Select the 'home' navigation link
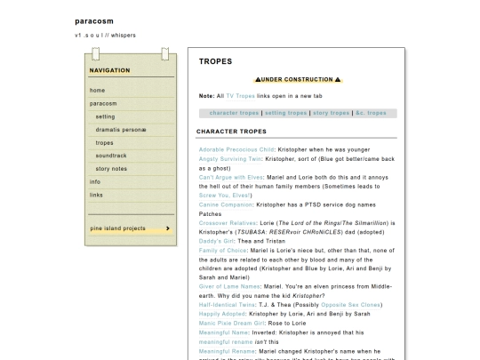pos(97,91)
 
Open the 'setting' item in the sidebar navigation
pos(105,116)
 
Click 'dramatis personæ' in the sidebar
pos(121,130)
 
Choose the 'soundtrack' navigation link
pos(110,156)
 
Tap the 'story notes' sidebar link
pos(111,169)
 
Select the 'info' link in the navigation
pos(95,181)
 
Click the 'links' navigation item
pos(96,195)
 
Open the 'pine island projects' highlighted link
pos(117,228)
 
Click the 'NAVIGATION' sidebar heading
pos(109,70)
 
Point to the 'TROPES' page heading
pos(215,62)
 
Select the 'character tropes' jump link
pos(234,113)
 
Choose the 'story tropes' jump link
pos(332,113)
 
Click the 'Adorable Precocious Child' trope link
pos(236,149)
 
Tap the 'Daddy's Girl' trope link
pos(219,241)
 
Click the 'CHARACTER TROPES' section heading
pos(231,132)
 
